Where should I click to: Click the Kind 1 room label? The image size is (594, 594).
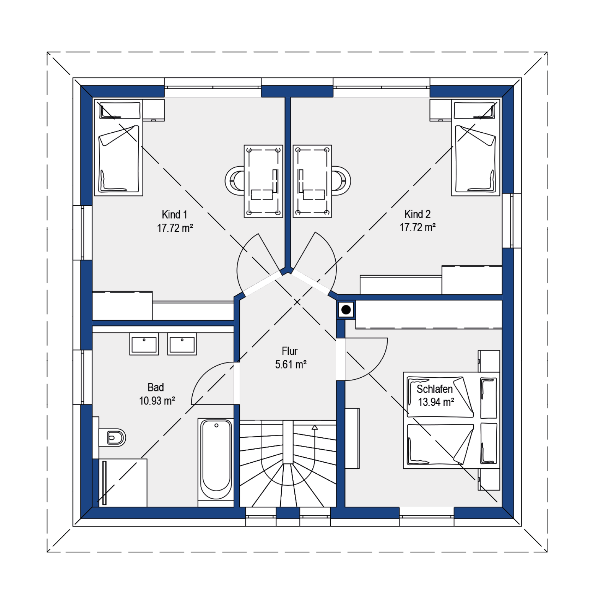pos(174,214)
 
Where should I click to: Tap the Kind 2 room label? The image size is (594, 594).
pos(417,214)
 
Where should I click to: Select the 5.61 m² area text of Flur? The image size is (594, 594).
pos(290,364)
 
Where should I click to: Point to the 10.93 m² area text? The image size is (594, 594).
pos(157,401)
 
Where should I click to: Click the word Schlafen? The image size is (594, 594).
pos(434,389)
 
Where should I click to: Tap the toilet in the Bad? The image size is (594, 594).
pos(112,438)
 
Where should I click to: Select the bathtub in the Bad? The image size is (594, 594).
pos(216,459)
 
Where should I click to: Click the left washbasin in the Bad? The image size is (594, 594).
pos(144,344)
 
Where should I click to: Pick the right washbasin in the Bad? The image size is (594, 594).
pos(182,344)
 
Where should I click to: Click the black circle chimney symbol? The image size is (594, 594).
pos(346,310)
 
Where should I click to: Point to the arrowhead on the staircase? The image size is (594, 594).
pos(314,427)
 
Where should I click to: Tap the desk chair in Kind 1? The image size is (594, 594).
pos(235,181)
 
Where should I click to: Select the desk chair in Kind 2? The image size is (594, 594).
pos(341,181)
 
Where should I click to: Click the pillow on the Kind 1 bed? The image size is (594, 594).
pos(120,110)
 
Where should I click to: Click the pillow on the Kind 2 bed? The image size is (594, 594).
pos(474,110)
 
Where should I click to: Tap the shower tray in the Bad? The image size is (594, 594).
pos(120,483)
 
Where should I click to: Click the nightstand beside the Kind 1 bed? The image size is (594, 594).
pos(154,110)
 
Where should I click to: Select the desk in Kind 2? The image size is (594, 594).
pos(312,181)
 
